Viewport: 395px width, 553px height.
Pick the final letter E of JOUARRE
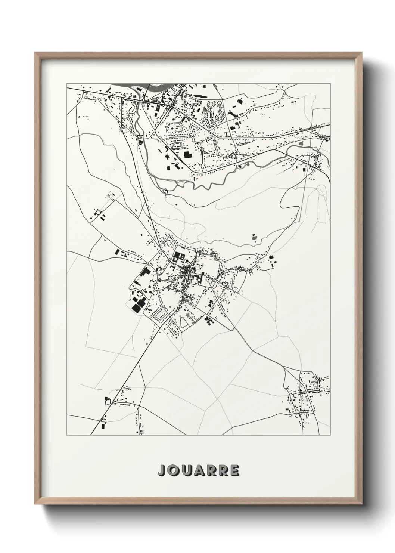(x=234, y=470)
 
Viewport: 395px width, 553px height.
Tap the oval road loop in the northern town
(x=175, y=127)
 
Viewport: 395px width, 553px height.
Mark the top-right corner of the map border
(x=330, y=83)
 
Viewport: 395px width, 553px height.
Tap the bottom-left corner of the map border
(x=67, y=435)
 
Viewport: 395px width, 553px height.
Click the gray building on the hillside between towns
(x=254, y=237)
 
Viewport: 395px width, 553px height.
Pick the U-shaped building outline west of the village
(x=99, y=214)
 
